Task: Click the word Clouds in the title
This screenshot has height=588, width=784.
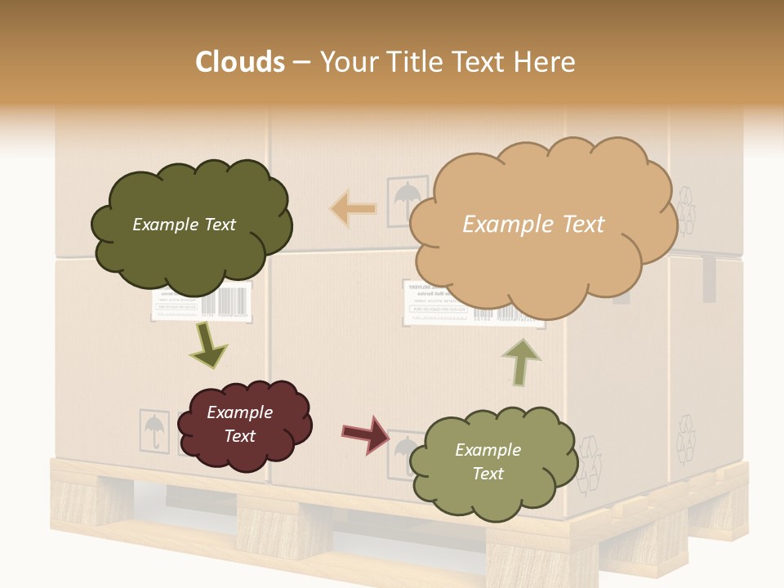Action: [240, 62]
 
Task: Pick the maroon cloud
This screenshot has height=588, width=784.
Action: [244, 425]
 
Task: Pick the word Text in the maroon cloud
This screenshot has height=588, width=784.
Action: [240, 436]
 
